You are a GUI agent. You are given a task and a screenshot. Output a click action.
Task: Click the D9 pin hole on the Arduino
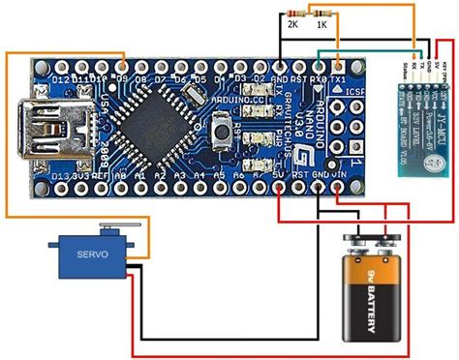click(123, 63)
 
